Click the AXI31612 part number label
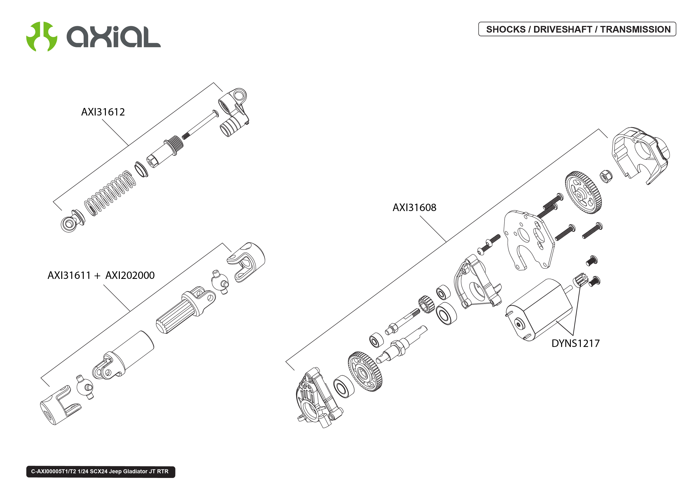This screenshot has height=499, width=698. [103, 112]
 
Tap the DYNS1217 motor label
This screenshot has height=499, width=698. [575, 343]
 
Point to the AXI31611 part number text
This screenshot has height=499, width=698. [69, 275]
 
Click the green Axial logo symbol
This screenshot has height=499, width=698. [42, 36]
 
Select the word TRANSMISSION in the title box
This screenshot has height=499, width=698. [635, 29]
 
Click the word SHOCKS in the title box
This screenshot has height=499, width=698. [506, 29]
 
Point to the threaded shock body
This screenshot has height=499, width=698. [166, 151]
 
